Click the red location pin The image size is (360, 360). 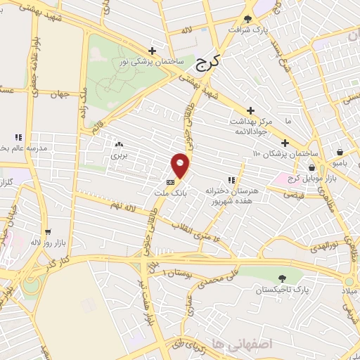tap(181, 165)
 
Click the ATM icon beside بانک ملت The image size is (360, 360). tap(169, 182)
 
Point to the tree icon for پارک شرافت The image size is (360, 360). tap(247, 19)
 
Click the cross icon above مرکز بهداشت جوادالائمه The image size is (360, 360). tap(250, 110)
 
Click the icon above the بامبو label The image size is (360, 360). tap(340, 152)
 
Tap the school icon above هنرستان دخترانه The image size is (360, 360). tap(231, 180)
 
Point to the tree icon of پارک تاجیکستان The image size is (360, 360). tap(282, 278)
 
